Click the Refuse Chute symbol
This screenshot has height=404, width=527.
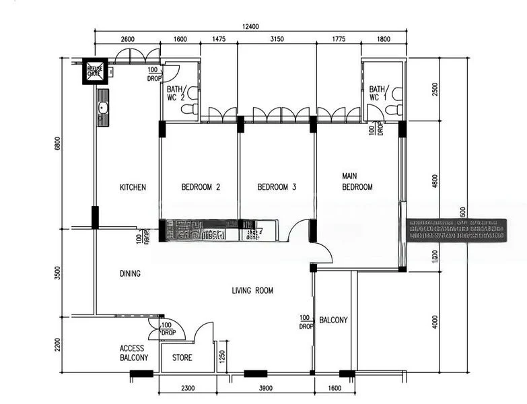point(94,71)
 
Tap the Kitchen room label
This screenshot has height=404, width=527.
point(133,188)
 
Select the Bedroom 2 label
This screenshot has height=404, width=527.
point(201,188)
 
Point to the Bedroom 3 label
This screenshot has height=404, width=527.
point(277,188)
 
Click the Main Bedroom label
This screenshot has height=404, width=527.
point(357,182)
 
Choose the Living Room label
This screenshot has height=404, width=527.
point(252,291)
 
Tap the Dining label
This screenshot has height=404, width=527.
point(130,273)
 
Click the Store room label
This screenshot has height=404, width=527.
point(182,358)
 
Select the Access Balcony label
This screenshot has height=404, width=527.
point(134,353)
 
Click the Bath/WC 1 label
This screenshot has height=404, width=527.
point(377,93)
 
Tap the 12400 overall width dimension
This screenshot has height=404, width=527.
point(250,26)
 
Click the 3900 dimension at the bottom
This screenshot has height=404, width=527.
point(266,388)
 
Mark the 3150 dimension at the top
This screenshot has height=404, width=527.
point(277,40)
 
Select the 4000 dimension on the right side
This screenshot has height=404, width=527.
point(435,321)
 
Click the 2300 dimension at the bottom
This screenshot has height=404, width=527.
point(188,388)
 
